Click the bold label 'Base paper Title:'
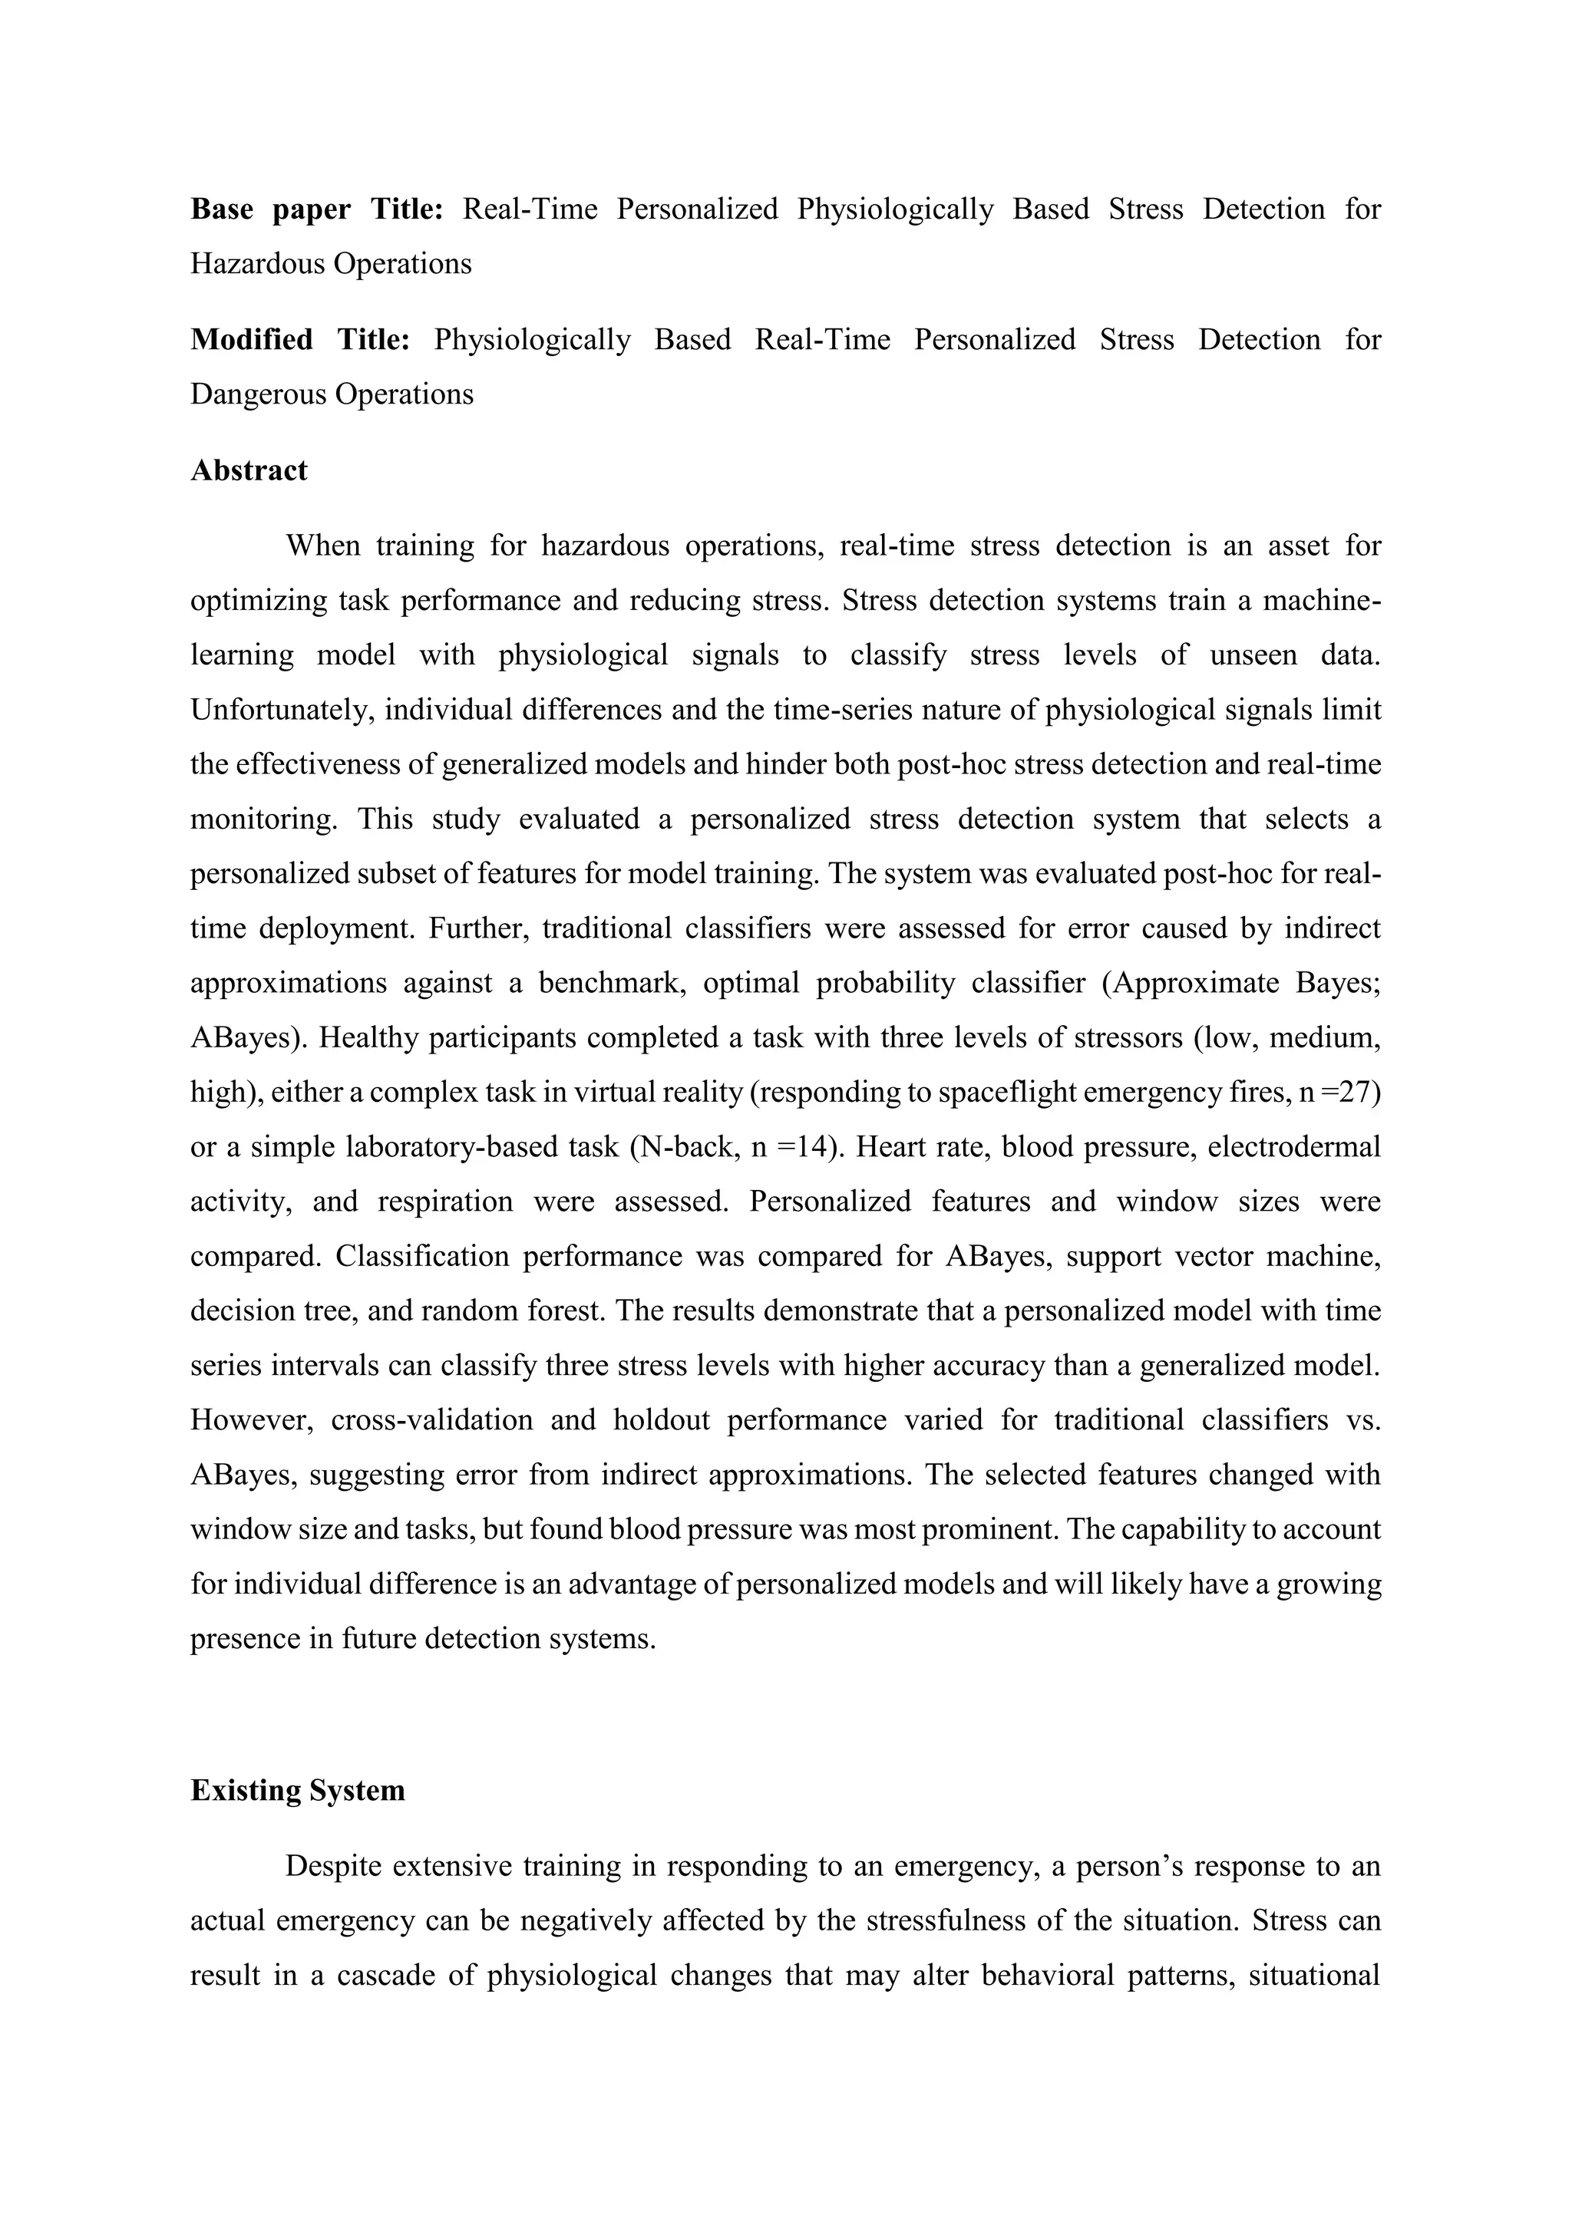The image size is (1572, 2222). pos(316,209)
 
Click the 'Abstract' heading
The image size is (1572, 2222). pos(249,470)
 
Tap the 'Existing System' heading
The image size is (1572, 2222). pos(297,1790)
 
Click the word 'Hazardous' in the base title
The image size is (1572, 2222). pos(256,263)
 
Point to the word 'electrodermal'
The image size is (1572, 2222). pos(1294,1147)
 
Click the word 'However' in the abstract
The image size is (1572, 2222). pos(251,1419)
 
